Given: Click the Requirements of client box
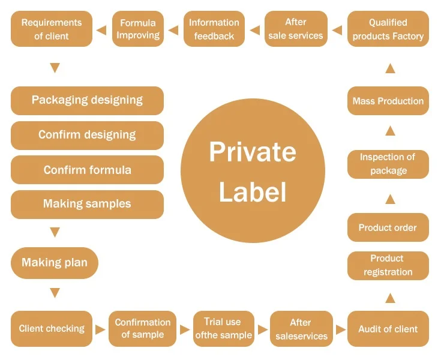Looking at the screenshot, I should pos(52,29).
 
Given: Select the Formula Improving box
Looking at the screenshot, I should pos(138,29).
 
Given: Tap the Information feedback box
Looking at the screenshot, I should pos(214,29).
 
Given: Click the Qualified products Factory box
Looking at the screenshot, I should pos(388,29).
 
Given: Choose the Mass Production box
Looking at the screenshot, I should pos(388,101).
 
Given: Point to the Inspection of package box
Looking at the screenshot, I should pos(388,164).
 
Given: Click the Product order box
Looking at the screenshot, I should pos(388,227).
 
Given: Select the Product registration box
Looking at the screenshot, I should pos(388,265).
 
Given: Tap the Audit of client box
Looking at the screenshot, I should pos(388,329).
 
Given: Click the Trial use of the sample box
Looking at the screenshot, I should pos(223,329).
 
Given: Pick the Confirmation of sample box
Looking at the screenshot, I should pos(143,329).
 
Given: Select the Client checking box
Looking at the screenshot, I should pos(52,329).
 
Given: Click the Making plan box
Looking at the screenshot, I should pos(55,263).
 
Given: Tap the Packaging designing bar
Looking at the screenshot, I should pos(87,100).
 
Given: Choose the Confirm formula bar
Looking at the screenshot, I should pos(87,170).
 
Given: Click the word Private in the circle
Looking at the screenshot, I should pos(252,152).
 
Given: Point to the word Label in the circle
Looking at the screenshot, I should pos(252,192).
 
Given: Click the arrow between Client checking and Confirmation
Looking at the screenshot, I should pos(100,329).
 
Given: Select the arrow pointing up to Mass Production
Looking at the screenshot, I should pos(390,130).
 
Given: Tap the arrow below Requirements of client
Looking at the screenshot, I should pos(55,68).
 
